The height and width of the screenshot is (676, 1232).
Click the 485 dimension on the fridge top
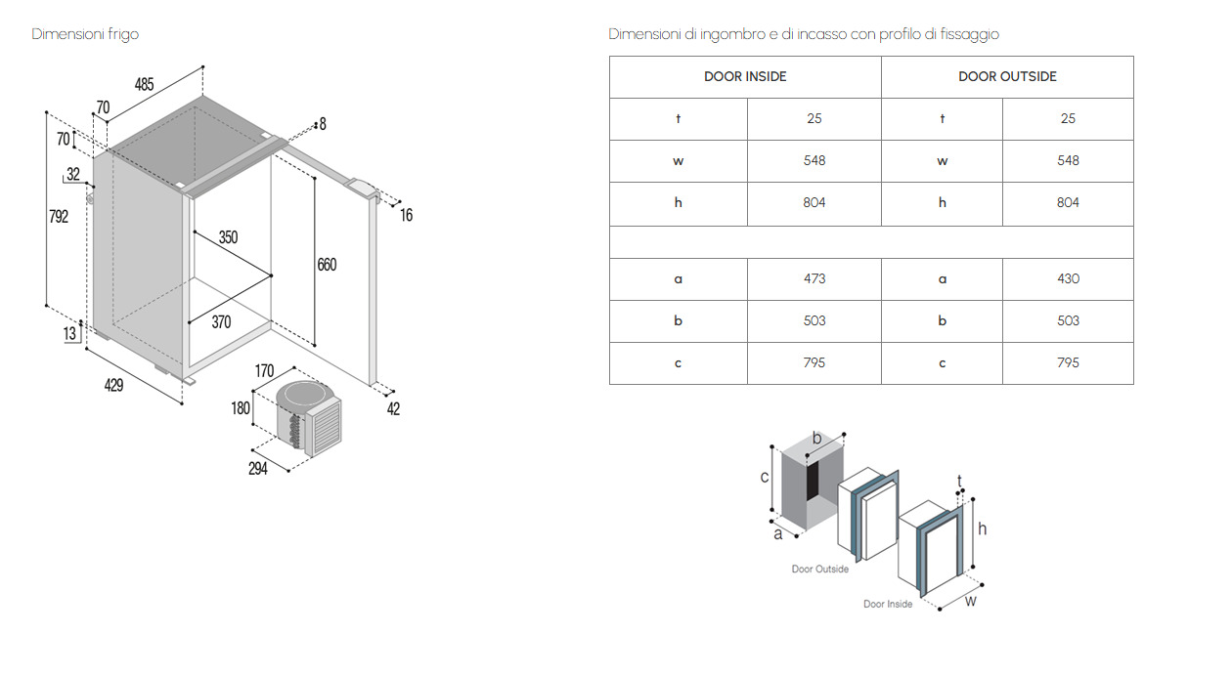pos(144,85)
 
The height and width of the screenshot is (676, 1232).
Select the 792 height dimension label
pos(59,217)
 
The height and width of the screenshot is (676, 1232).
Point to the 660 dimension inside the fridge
pos(327,265)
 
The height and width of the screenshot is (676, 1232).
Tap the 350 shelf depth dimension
pos(227,237)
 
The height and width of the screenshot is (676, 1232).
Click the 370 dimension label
pos(221,322)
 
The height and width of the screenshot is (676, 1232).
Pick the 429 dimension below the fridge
pos(113,386)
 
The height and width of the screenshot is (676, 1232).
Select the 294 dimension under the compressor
pos(257,469)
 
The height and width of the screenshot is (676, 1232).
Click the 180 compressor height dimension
pos(241,408)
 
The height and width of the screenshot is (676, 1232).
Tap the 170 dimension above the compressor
pos(264,371)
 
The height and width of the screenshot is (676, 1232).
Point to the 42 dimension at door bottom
pos(393,409)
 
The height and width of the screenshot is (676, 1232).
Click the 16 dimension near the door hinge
pos(406,216)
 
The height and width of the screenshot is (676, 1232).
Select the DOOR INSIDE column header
pos(745,76)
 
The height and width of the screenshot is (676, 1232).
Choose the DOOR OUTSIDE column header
pos(1007,76)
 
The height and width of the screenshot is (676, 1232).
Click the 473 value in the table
pos(814,278)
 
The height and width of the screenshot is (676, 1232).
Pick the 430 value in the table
pos(1068,278)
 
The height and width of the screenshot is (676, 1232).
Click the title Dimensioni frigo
pos(85,34)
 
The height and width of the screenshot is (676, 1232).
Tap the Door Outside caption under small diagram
pos(819,570)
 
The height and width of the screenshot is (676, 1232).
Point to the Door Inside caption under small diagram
pos(888,605)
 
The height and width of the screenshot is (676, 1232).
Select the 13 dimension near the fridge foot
pos(69,334)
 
